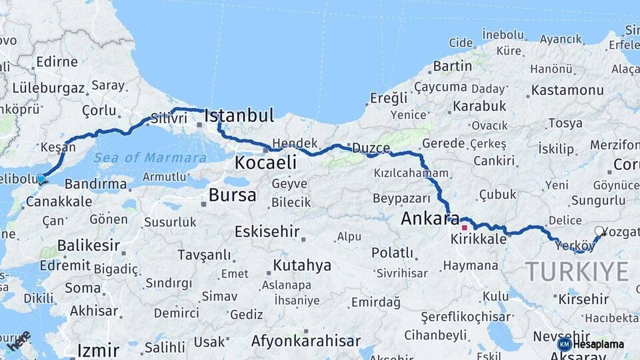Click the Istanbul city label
239,115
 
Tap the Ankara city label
426,218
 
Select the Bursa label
232,195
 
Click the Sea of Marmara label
150,158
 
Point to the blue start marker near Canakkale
41,179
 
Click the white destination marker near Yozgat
599,231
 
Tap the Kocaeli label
265,163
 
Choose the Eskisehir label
266,231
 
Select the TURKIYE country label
577,271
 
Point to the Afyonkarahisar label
306,341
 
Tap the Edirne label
57,62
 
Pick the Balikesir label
88,245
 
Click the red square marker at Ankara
464,227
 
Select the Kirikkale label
479,239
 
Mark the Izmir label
98,349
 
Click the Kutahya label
302,265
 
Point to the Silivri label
169,118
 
